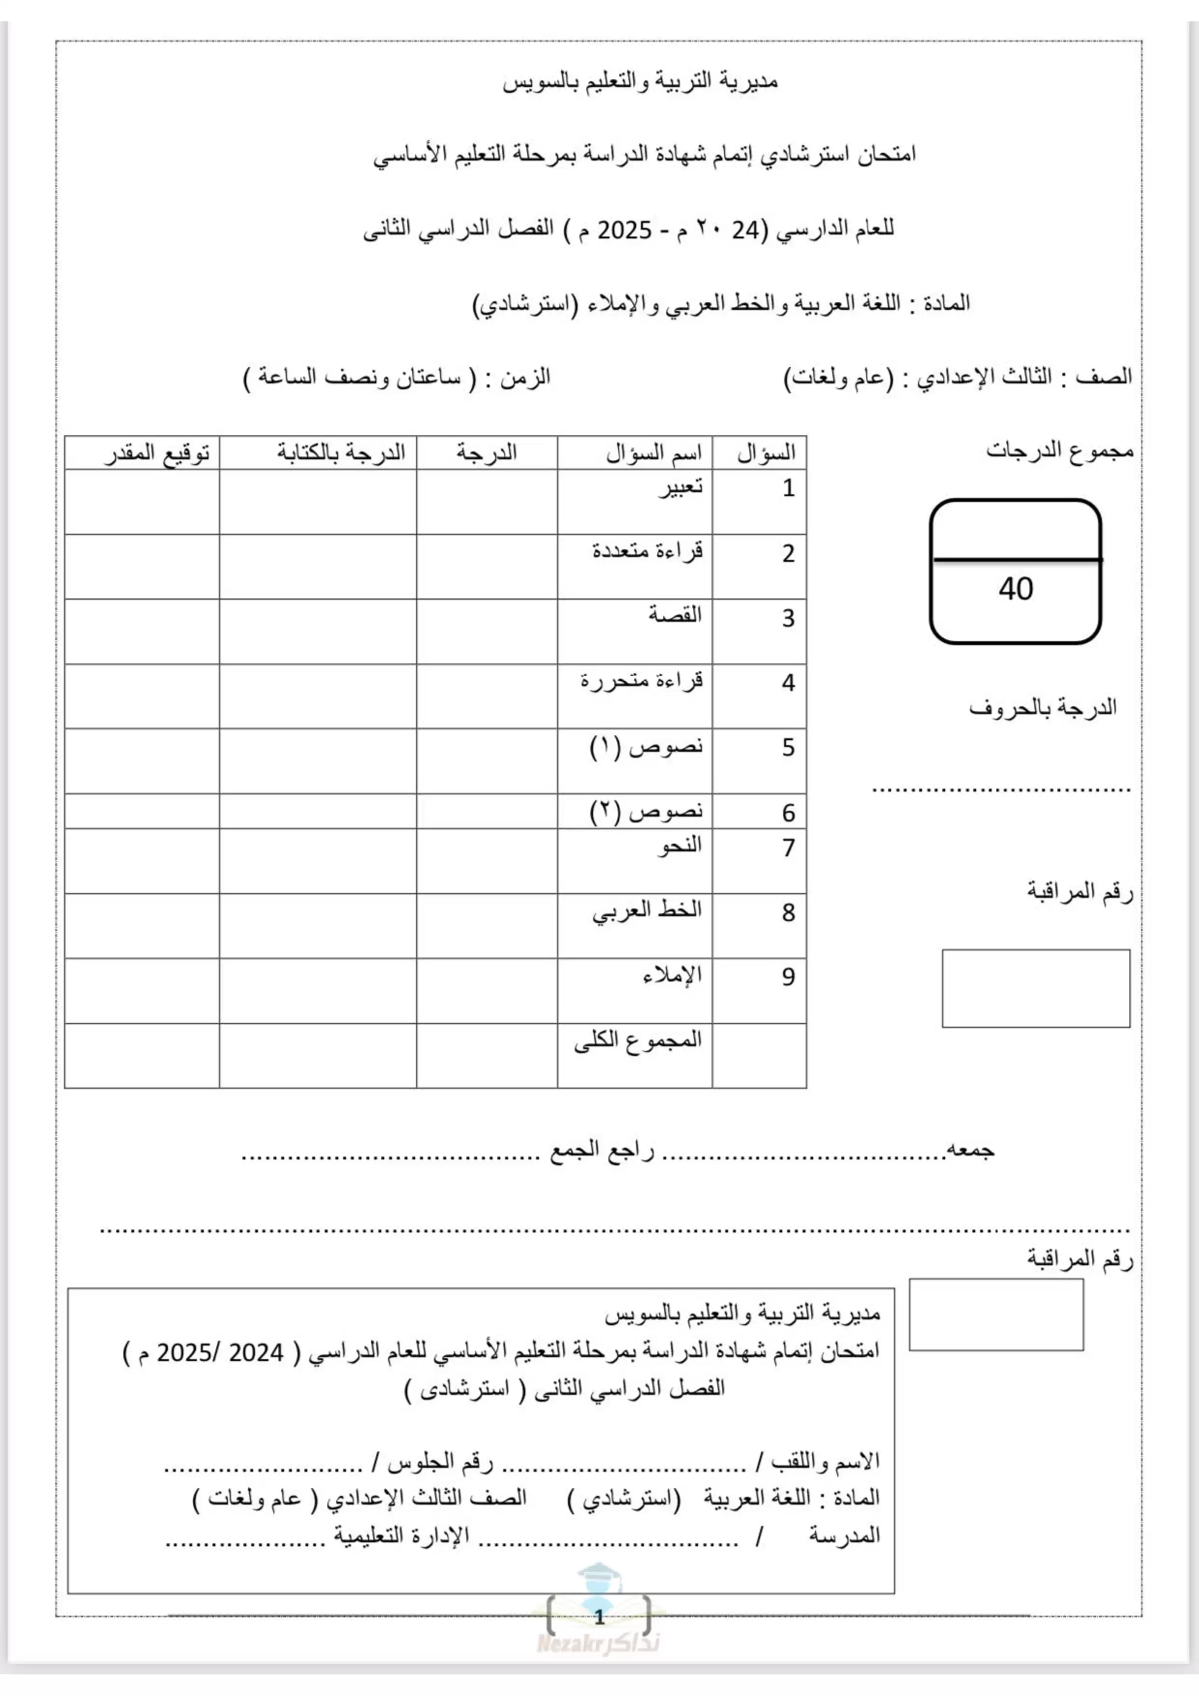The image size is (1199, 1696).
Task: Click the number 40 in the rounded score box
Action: (1015, 589)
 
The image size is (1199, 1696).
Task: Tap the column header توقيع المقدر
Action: (157, 453)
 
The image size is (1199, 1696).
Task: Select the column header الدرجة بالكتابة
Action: (341, 453)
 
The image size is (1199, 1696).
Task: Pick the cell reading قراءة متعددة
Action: (647, 552)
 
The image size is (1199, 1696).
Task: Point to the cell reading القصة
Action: (675, 616)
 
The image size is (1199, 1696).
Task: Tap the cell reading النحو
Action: (680, 847)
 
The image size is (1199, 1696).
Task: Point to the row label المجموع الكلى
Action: (637, 1041)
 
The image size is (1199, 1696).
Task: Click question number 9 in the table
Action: (788, 977)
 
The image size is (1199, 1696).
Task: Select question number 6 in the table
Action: (788, 813)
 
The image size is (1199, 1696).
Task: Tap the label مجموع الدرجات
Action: (1059, 451)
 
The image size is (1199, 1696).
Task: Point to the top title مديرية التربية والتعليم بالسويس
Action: (640, 81)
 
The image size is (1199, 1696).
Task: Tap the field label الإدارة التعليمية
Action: (400, 1535)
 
